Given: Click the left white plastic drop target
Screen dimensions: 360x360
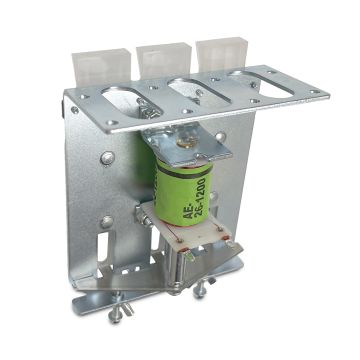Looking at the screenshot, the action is (102, 67).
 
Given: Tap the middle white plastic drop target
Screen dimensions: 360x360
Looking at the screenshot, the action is (164, 61).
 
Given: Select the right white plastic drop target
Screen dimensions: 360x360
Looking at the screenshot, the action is (221, 55).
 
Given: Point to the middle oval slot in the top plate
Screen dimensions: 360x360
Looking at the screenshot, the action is (199, 91).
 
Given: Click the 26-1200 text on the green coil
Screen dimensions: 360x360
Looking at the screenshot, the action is (201, 197).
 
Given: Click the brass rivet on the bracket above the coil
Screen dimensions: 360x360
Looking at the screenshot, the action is (183, 142).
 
